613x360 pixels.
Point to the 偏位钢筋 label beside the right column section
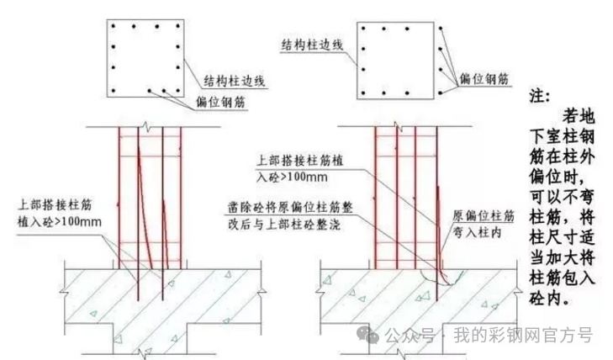point(484,78)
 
